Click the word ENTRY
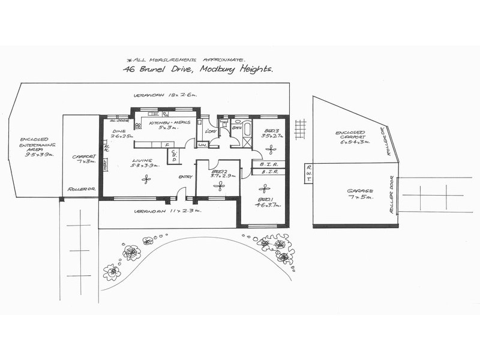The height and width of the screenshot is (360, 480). (185, 176)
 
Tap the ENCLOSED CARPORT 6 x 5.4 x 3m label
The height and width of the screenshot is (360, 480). (352, 139)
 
